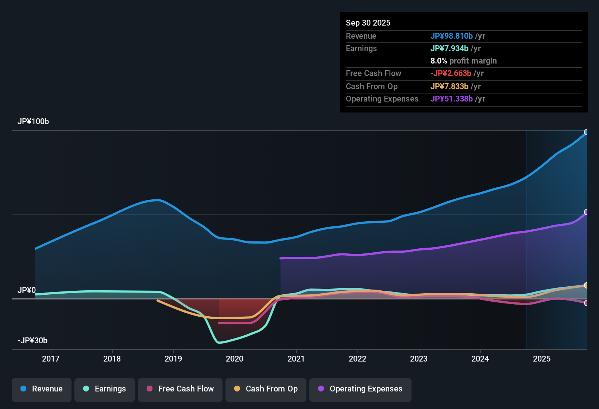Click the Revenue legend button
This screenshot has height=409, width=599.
(42, 389)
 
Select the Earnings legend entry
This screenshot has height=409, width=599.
(104, 389)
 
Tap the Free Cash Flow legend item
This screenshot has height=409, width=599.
(180, 389)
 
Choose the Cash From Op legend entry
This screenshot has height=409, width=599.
(266, 389)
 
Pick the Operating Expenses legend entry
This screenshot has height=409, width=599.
(360, 389)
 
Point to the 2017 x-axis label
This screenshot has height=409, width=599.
(51, 359)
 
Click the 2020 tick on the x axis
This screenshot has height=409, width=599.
(235, 359)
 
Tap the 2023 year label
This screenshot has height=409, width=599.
(419, 359)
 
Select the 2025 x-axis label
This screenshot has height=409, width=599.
(542, 359)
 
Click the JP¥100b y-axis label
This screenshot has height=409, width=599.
(33, 122)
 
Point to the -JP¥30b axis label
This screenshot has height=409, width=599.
(32, 341)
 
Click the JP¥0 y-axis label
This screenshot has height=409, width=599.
(27, 290)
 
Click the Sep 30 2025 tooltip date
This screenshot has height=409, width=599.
(368, 23)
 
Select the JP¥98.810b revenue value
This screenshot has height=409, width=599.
(452, 36)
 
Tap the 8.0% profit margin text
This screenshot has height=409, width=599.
(463, 61)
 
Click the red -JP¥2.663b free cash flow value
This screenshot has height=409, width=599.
(451, 73)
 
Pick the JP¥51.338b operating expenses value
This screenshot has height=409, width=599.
(452, 99)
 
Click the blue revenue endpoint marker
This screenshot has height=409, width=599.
(587, 132)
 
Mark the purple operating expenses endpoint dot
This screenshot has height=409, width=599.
(587, 212)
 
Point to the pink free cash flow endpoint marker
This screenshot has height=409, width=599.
(587, 303)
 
